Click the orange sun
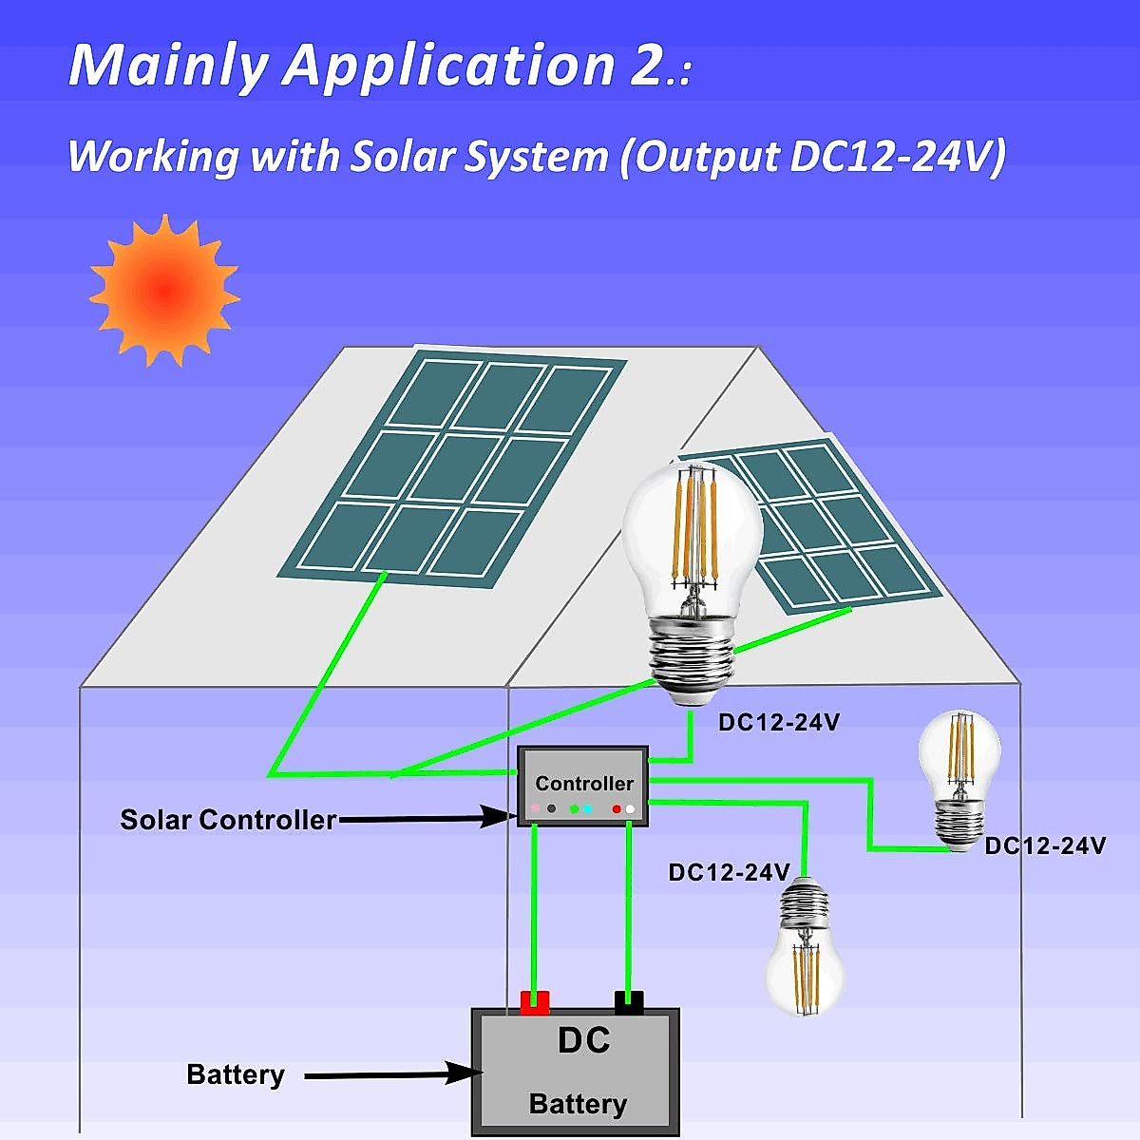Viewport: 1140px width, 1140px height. [x=163, y=291]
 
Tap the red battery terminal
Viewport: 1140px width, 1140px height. [x=535, y=1001]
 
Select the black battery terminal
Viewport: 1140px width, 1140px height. [x=629, y=1001]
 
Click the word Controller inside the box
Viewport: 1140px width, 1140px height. [x=583, y=784]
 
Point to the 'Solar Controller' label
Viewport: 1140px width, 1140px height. [x=228, y=820]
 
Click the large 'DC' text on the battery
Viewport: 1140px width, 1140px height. [x=583, y=1041]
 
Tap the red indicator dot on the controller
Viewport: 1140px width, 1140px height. [x=617, y=809]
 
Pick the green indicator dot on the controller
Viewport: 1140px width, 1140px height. [x=574, y=809]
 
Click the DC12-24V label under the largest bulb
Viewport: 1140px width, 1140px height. [x=778, y=723]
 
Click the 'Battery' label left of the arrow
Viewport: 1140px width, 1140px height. [x=236, y=1074]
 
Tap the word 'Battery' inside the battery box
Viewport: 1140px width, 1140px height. [x=578, y=1104]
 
